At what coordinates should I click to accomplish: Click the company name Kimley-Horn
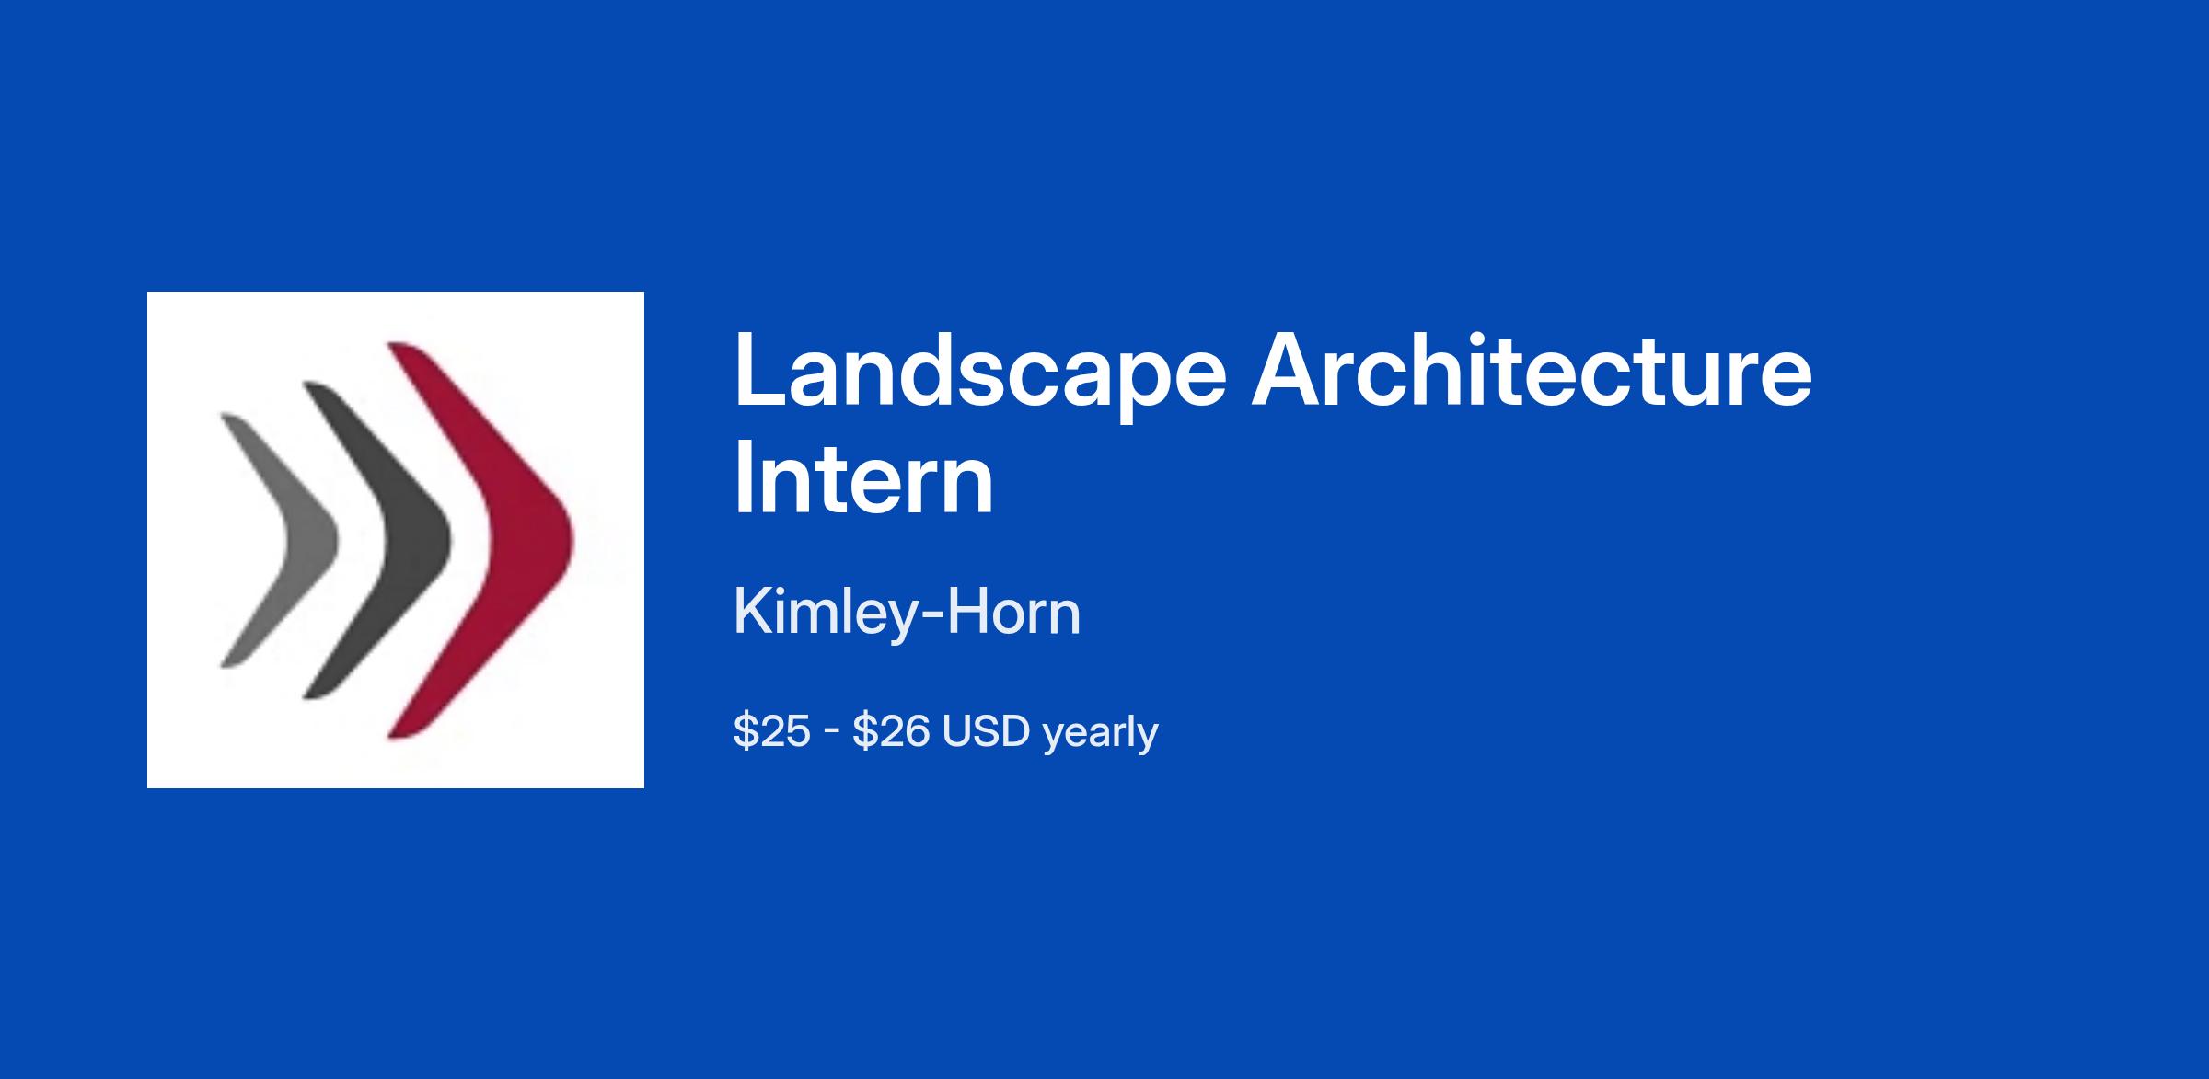tap(907, 614)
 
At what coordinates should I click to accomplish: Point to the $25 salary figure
tap(771, 731)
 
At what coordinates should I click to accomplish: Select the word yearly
tap(1100, 734)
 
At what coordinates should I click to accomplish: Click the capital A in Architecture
tap(1287, 368)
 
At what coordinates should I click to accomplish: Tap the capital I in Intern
tap(742, 477)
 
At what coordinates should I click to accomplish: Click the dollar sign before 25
tap(743, 731)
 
